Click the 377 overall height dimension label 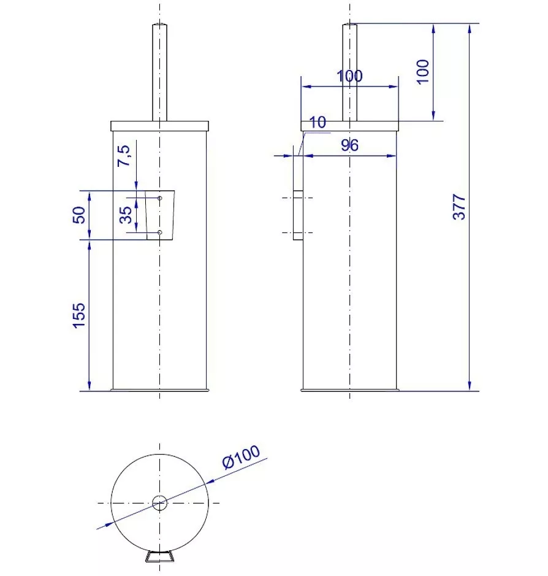459,207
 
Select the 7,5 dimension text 124,156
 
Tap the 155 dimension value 79,315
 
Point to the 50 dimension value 79,215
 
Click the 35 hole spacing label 126,215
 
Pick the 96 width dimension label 349,145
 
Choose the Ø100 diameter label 241,456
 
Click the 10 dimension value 318,122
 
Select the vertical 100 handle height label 423,72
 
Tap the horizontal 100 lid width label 349,76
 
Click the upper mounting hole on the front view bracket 160,198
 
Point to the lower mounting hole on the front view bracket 160,232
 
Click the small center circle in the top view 159,503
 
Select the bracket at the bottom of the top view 159,556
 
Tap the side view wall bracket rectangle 298,215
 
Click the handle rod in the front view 159,72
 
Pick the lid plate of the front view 159,126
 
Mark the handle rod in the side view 350,72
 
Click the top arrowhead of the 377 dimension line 470,29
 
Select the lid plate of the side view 350,126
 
